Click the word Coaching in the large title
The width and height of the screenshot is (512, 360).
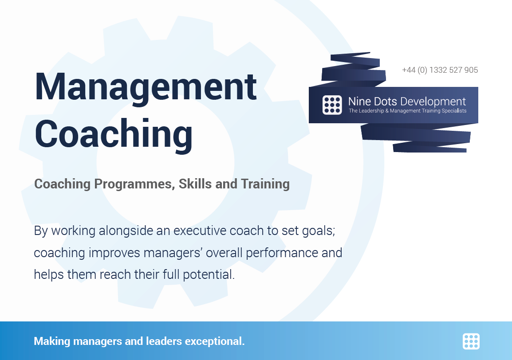tap(114, 134)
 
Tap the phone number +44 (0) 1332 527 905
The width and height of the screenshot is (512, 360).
tap(440, 70)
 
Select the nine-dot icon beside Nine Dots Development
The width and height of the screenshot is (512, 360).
tap(332, 105)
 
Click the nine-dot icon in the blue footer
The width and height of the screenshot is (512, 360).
tap(471, 341)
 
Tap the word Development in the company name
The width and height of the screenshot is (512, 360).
tap(433, 102)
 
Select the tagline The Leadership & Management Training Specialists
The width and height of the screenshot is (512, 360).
tap(407, 111)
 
